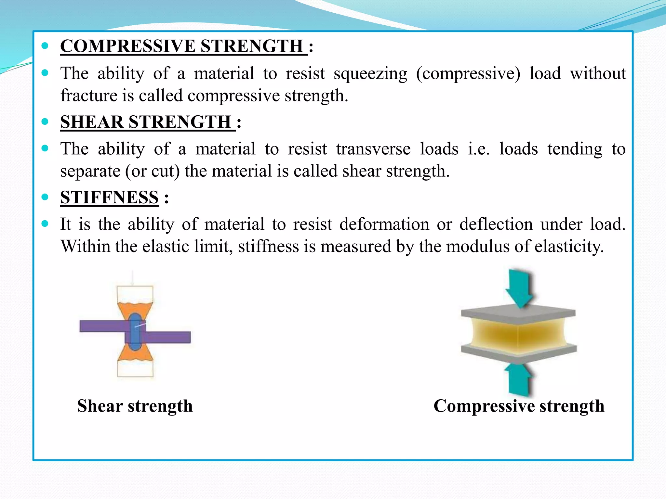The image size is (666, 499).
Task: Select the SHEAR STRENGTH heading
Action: coord(146,122)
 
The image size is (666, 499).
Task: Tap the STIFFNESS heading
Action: coord(109,198)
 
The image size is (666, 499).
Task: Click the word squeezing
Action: coord(370,74)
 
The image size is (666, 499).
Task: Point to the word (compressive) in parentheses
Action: coord(468,74)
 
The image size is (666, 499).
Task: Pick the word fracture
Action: coord(89,96)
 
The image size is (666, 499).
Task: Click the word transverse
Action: coord(373,149)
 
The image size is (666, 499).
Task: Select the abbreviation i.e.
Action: coord(479,149)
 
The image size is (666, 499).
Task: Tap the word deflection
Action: coord(496,224)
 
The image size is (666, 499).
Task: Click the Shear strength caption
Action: coord(135,406)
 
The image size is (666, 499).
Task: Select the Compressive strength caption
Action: coord(519,406)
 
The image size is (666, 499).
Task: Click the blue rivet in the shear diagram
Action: coord(135,331)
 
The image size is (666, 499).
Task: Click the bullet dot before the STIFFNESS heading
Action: coord(45,197)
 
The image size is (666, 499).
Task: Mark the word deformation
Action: coord(384,224)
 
